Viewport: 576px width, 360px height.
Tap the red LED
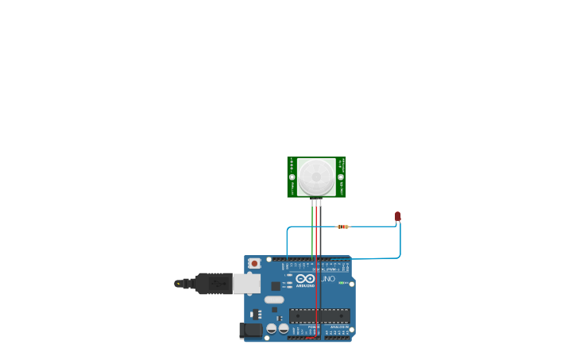[398, 215]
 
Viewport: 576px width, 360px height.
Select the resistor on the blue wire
[342, 226]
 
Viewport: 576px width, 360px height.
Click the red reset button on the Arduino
[254, 263]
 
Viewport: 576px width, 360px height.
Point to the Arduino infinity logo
[305, 279]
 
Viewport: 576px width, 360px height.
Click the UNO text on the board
[327, 279]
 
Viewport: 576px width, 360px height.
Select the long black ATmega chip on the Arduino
[319, 315]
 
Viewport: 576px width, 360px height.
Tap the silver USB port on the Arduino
[246, 284]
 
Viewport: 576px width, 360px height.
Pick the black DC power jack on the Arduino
[251, 330]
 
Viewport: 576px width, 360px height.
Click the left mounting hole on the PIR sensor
[292, 177]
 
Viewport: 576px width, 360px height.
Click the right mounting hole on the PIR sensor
[342, 177]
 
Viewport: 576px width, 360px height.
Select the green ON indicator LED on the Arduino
[342, 283]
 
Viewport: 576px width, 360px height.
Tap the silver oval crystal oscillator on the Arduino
[274, 300]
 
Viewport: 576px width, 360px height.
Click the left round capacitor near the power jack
[271, 328]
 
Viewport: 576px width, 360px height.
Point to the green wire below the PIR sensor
[312, 230]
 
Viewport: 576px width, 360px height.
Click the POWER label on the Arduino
[313, 326]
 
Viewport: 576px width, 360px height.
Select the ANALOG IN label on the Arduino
[338, 326]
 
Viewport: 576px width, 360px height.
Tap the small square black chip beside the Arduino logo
[276, 285]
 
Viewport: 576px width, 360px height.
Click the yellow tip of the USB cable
[178, 283]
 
